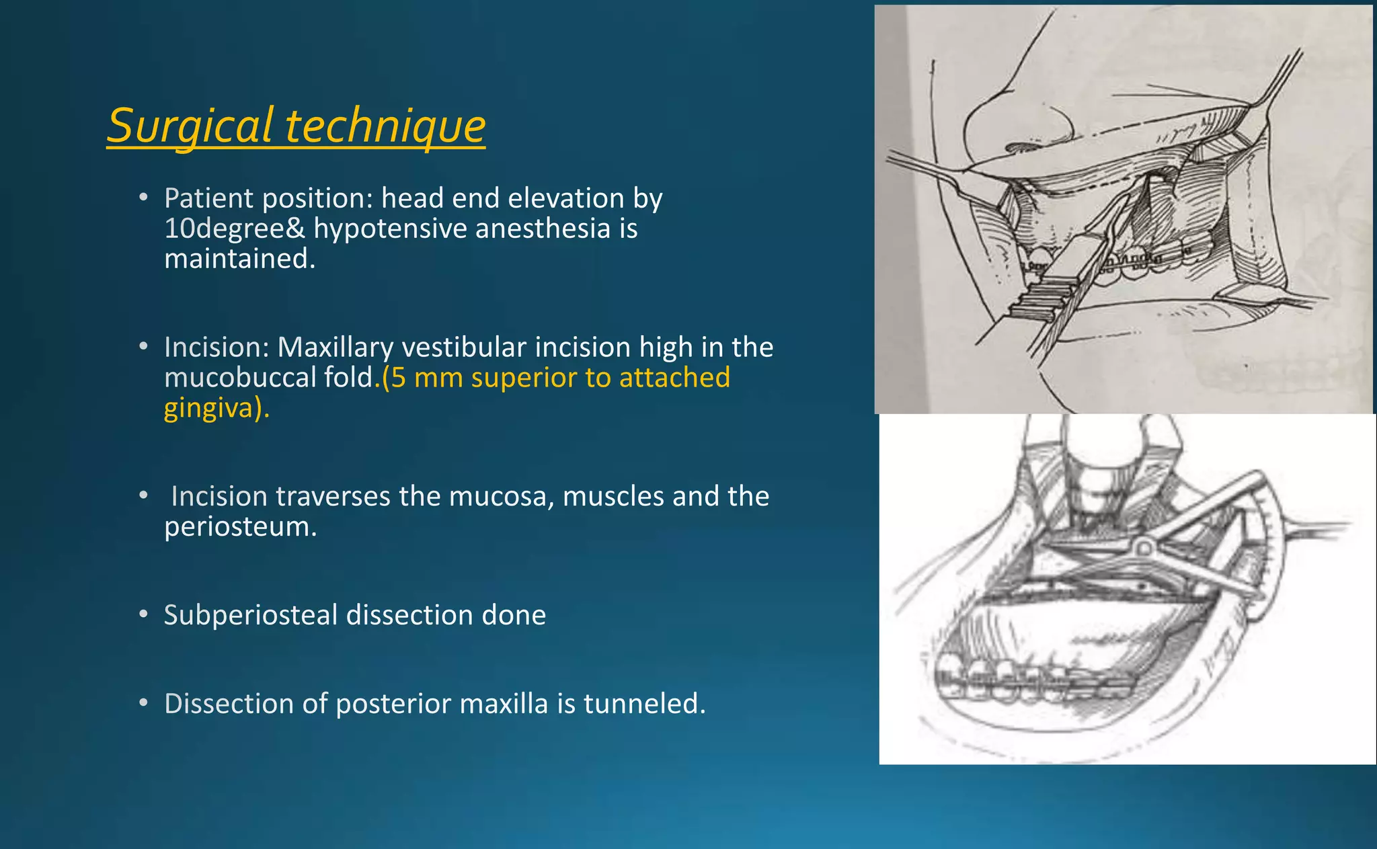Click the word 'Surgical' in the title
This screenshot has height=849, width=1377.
click(190, 126)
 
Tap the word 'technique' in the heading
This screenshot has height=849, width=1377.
click(385, 126)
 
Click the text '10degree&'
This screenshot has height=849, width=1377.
click(235, 229)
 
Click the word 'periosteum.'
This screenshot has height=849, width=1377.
click(240, 526)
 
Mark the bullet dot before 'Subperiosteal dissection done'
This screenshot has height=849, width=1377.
click(143, 614)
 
